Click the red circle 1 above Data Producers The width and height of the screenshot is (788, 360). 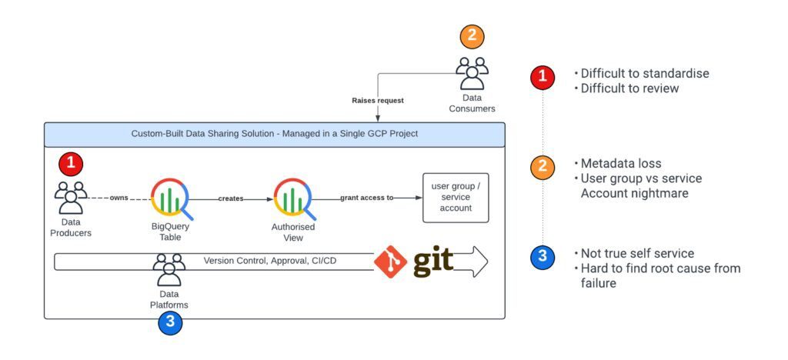(x=71, y=163)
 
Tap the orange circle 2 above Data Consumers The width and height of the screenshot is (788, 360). (x=472, y=36)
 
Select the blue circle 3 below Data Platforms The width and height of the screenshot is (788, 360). (x=170, y=323)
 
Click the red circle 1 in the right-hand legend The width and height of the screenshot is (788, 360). (x=543, y=77)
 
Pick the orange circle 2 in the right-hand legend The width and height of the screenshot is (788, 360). (x=543, y=167)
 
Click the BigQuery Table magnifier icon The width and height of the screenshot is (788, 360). (x=172, y=198)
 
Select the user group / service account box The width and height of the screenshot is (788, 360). (x=456, y=198)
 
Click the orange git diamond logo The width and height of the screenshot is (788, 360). (x=390, y=262)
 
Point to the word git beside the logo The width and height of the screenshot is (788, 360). (x=433, y=262)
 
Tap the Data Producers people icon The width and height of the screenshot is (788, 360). (x=71, y=197)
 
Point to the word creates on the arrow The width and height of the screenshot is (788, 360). (x=230, y=198)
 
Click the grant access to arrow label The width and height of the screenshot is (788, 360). (x=368, y=198)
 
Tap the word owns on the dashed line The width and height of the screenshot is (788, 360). (x=119, y=198)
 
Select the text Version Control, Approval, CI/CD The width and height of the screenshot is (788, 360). (x=270, y=261)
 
